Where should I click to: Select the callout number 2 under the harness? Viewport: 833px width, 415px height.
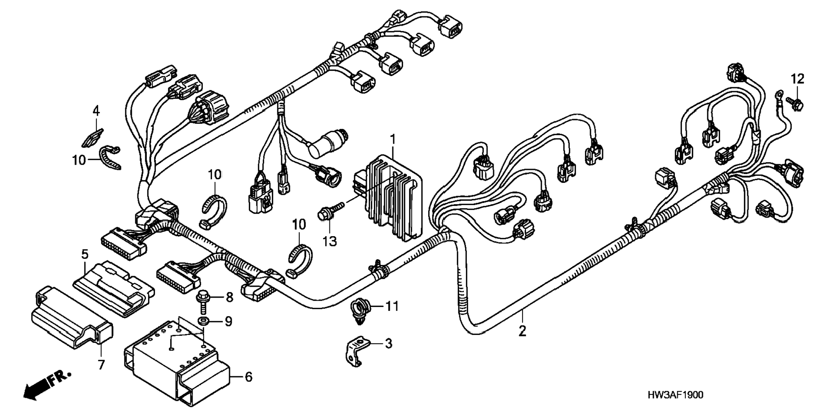pyautogui.click(x=522, y=331)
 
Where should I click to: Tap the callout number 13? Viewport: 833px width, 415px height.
pyautogui.click(x=329, y=242)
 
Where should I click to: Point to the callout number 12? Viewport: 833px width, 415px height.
pyautogui.click(x=797, y=79)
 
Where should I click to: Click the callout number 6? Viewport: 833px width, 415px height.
pyautogui.click(x=248, y=377)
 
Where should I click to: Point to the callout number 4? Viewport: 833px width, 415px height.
pyautogui.click(x=96, y=111)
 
